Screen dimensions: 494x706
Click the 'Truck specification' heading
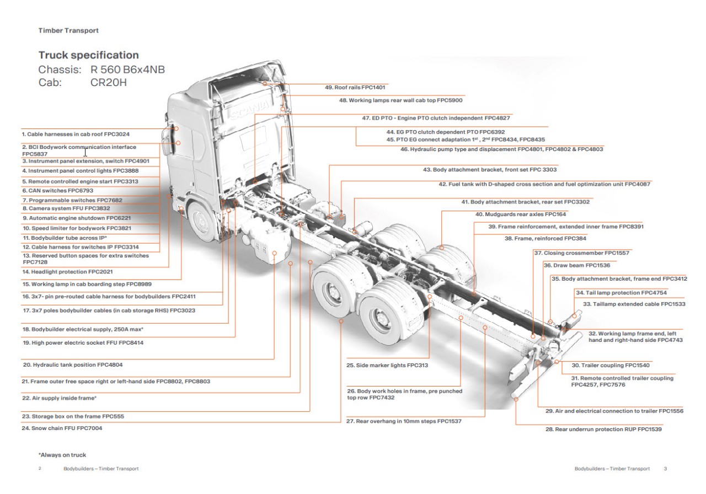[x=88, y=55]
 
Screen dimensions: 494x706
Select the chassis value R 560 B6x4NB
[x=127, y=70]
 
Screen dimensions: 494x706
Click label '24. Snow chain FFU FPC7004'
[x=62, y=428]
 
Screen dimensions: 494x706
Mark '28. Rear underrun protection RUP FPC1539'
[x=603, y=429]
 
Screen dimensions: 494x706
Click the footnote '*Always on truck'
[x=62, y=455]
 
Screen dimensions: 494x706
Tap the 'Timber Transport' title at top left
[x=68, y=31]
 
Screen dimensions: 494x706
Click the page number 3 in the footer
[x=665, y=469]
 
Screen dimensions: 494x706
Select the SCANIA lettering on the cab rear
[x=251, y=111]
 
